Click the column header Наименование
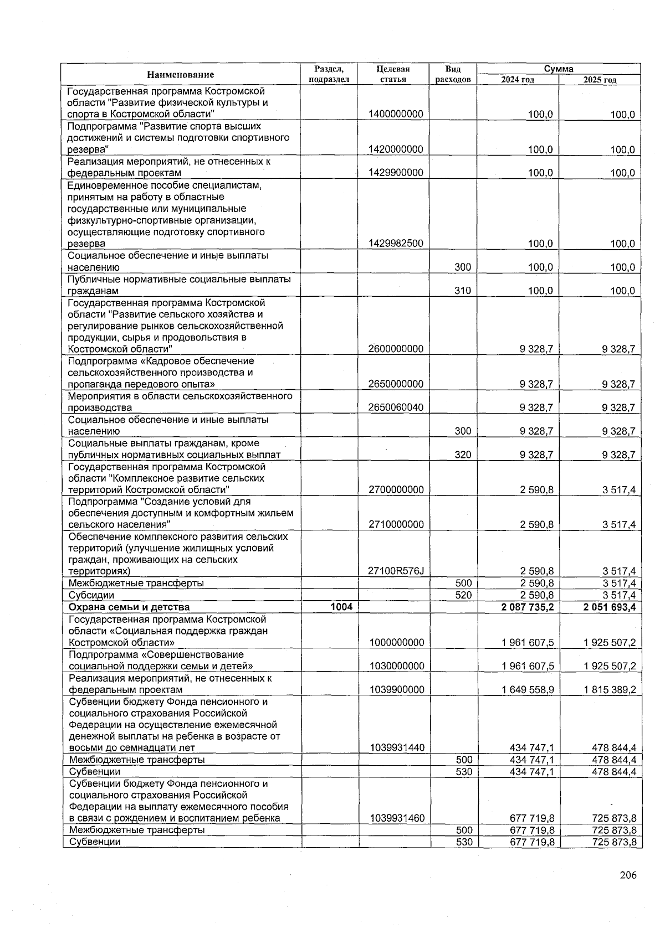(180, 74)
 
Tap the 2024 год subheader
(517, 80)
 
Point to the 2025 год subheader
(600, 80)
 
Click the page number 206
(628, 875)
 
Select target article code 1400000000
(396, 114)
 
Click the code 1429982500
(396, 244)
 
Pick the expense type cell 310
(462, 291)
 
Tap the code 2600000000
(396, 349)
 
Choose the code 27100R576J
(396, 571)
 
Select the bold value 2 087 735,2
(528, 607)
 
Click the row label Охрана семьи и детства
(129, 607)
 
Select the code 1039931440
(397, 748)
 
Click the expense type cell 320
(462, 455)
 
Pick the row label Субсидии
(91, 596)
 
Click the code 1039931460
(397, 818)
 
